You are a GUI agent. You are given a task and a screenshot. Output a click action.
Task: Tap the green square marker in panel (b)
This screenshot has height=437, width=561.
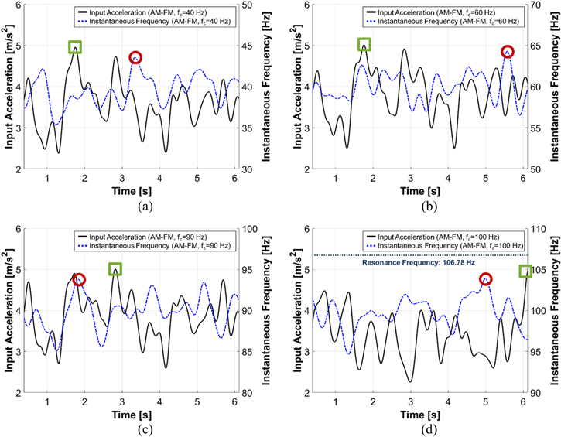click(364, 44)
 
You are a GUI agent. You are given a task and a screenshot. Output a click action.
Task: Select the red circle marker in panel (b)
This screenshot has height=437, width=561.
click(508, 52)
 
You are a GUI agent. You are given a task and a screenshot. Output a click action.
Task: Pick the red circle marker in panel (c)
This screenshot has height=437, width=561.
click(78, 279)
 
